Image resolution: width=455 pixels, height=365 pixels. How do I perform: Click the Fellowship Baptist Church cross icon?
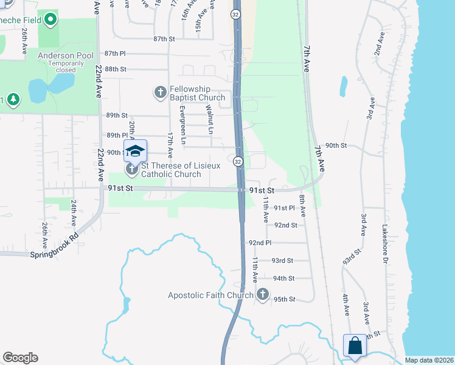point(161,92)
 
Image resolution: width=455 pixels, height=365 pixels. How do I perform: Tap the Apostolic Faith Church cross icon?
point(263,295)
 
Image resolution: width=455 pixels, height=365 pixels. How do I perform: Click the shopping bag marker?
point(355,346)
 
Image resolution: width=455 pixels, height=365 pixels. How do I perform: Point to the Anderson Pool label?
point(65,55)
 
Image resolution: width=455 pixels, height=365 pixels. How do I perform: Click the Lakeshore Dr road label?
point(384,245)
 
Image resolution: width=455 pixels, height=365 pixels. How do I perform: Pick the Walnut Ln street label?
point(209,120)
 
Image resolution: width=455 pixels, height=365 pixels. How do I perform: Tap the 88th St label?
point(115,69)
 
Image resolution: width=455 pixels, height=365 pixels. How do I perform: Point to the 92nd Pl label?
point(260,243)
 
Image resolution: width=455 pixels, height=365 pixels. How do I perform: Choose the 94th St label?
point(283,279)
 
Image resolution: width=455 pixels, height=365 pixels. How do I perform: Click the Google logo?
point(20,358)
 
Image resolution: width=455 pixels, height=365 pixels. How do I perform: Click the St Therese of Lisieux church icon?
point(131,168)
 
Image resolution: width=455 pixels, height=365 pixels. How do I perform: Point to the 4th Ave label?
point(346,304)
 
